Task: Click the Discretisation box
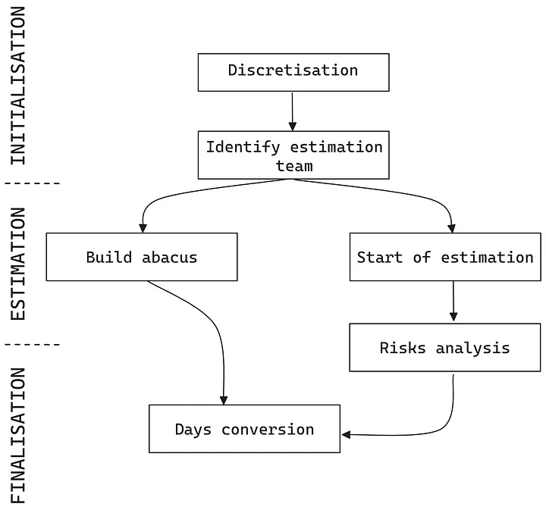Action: [293, 72]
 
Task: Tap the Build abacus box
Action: [141, 257]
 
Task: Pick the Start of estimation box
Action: [445, 257]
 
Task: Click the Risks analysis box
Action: [445, 348]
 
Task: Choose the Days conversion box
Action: [244, 429]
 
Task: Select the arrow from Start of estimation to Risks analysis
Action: [453, 302]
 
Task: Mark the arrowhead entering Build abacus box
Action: [142, 227]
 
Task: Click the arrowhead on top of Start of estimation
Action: [453, 227]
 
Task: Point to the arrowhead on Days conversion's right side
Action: [347, 435]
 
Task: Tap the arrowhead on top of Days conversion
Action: [224, 399]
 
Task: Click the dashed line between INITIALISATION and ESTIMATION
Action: [32, 183]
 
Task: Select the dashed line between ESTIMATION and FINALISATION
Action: [32, 344]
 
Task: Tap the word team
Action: [294, 165]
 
